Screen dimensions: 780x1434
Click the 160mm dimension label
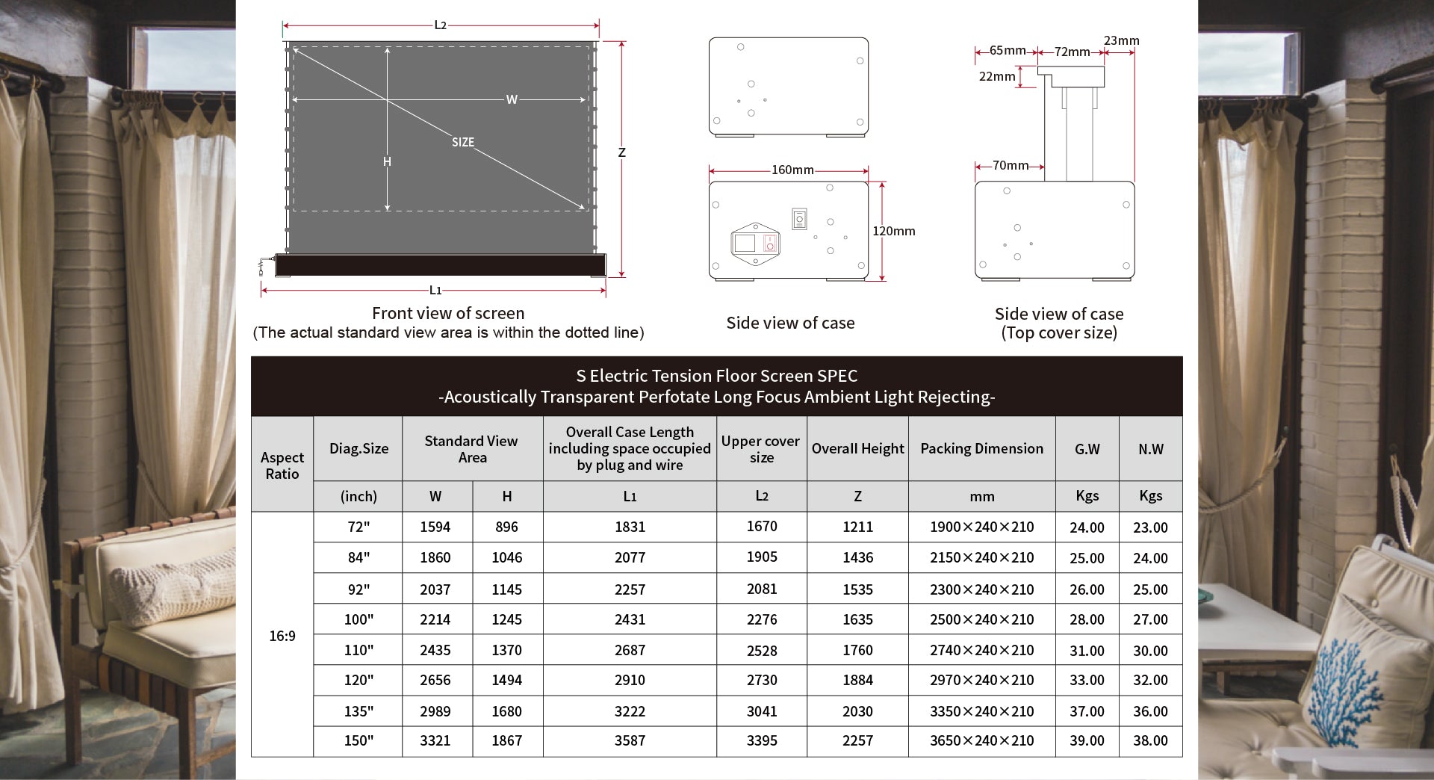pyautogui.click(x=792, y=170)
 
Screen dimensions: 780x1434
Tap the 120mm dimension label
pyautogui.click(x=893, y=232)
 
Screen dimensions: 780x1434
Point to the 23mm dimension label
pyautogui.click(x=1121, y=41)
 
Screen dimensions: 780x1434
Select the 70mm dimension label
pyautogui.click(x=1010, y=166)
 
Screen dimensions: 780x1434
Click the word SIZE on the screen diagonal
pyautogui.click(x=463, y=142)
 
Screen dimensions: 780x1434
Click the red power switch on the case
pyautogui.click(x=770, y=243)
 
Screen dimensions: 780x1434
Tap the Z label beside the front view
pyautogui.click(x=621, y=153)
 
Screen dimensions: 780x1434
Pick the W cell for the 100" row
pyautogui.click(x=435, y=619)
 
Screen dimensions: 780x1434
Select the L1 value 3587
pyautogui.click(x=630, y=740)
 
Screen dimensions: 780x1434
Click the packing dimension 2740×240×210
pyautogui.click(x=981, y=651)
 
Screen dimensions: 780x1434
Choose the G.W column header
pyautogui.click(x=1087, y=449)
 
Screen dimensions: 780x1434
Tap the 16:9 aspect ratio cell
pyautogui.click(x=282, y=636)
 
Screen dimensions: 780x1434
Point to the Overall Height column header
pyautogui.click(x=857, y=449)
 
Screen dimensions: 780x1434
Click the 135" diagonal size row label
pyautogui.click(x=358, y=711)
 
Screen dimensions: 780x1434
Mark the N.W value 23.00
pyautogui.click(x=1150, y=527)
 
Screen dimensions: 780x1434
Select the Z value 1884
pyautogui.click(x=857, y=680)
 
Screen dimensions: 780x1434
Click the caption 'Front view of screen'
pyautogui.click(x=448, y=314)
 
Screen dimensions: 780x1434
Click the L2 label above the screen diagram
pyautogui.click(x=440, y=25)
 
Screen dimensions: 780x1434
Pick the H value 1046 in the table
pyautogui.click(x=506, y=557)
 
